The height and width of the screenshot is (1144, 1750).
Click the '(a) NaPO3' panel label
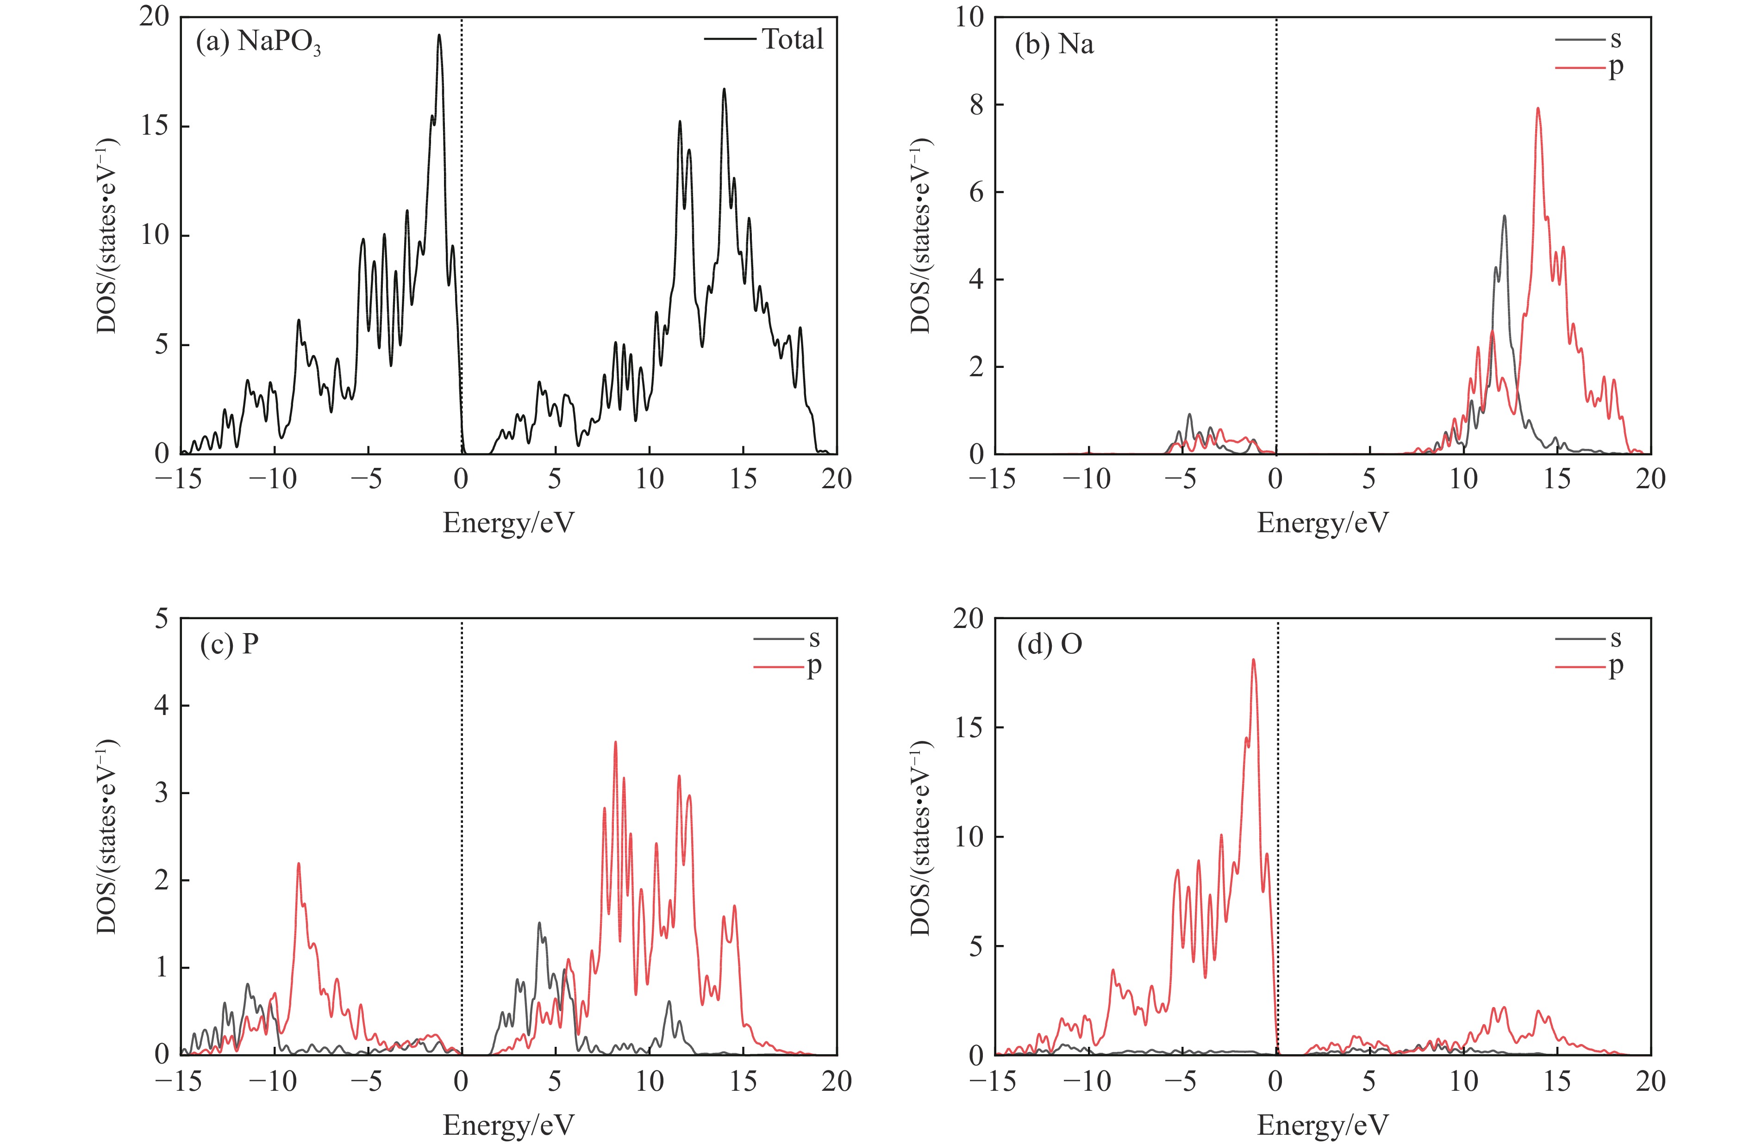[x=258, y=44]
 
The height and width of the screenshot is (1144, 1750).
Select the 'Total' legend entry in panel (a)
[x=793, y=39]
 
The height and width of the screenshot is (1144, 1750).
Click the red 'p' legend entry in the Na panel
[x=1615, y=68]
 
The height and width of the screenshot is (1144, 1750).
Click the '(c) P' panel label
[x=230, y=644]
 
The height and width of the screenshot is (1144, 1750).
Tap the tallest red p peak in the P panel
[x=615, y=743]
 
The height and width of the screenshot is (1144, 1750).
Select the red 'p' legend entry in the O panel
[x=1615, y=666]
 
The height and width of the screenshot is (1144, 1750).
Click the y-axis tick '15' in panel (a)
[x=155, y=126]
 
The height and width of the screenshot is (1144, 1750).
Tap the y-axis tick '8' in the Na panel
[x=976, y=105]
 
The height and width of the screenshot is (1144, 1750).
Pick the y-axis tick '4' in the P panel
[x=162, y=706]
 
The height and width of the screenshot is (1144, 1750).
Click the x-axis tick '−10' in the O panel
[x=1088, y=1080]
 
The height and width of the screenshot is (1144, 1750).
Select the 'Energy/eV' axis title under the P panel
[x=508, y=1124]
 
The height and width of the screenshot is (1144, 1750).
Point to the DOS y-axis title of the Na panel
[x=920, y=235]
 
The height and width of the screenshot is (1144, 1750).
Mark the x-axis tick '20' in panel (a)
[x=837, y=479]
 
